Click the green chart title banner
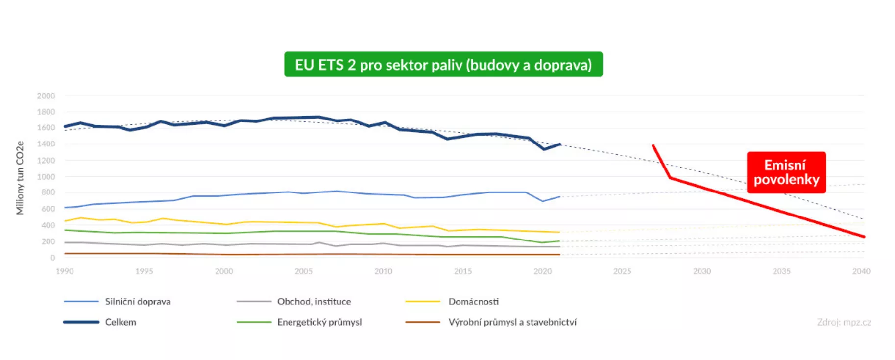443,65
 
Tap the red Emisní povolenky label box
786,172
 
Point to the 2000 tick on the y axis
46,96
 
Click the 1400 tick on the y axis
46,144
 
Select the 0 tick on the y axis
52,258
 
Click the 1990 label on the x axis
65,271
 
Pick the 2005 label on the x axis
303,271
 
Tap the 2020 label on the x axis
542,271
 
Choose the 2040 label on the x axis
861,271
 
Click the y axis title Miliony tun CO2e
20,178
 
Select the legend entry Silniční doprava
138,302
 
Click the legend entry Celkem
121,322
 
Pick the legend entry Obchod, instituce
314,302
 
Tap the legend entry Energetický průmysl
319,322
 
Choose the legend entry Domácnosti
473,302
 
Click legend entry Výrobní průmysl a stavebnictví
512,322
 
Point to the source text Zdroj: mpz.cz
844,322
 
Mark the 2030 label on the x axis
701,271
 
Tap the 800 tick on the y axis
48,192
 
